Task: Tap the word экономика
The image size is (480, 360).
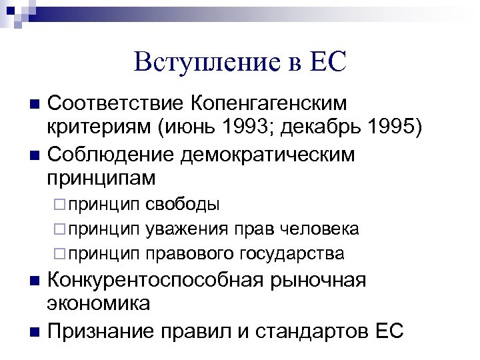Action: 99,303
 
